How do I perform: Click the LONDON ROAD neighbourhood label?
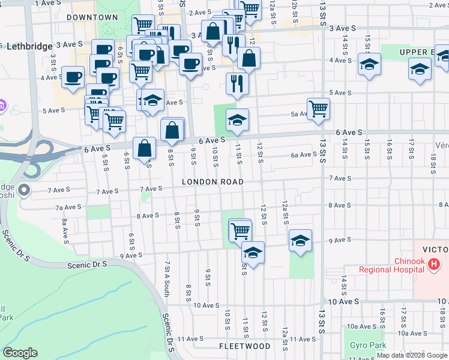click(213, 182)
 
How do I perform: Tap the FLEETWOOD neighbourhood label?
click(244, 346)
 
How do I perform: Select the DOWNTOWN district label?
click(92, 17)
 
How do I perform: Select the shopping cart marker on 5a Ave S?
click(318, 109)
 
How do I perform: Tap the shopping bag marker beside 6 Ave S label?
click(145, 148)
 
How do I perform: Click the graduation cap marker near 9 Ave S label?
click(300, 240)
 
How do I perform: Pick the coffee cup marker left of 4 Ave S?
click(73, 77)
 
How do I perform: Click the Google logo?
click(20, 353)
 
